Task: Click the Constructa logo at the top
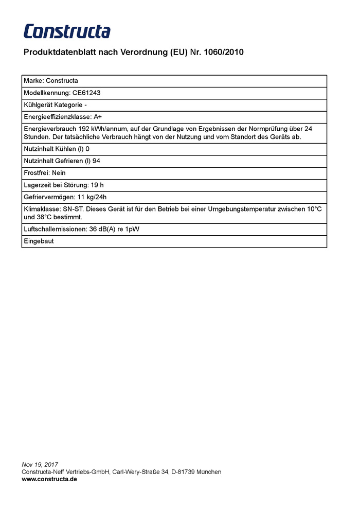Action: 67,31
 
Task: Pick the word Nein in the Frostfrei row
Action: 59,173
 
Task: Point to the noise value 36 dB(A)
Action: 102,229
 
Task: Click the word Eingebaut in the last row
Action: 39,241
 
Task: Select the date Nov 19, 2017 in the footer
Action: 40,465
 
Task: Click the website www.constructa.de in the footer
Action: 49,479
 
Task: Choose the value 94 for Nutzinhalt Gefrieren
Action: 96,161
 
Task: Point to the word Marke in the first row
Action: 33,81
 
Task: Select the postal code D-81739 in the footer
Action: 185,471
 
